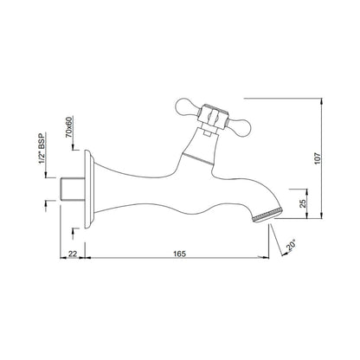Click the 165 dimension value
pos(180,254)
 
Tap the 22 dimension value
pos(73,254)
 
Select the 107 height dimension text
pos(318,158)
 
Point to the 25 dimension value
pos(303,203)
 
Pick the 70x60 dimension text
pos(69,127)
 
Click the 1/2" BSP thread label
pos(42,149)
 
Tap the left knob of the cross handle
pos(187,106)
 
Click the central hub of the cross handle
pos(213,116)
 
